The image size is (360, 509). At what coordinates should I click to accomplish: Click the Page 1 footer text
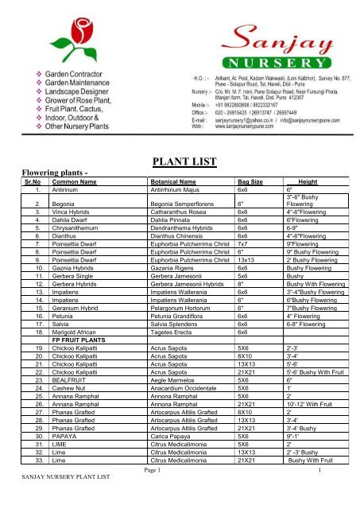coord(180,494)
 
